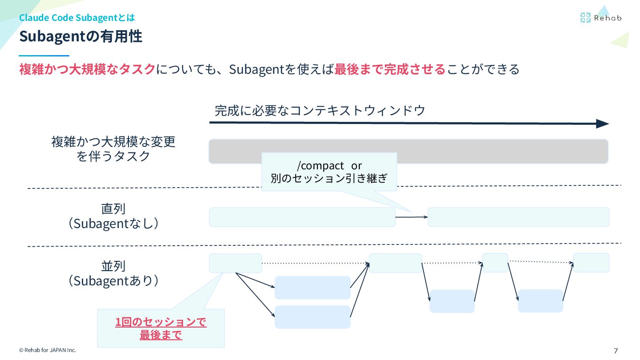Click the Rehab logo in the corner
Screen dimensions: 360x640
point(600,18)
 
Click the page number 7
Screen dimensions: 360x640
point(616,351)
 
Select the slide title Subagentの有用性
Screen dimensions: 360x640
point(80,36)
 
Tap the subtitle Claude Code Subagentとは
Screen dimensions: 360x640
point(77,18)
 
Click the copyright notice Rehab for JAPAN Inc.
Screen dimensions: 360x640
point(48,350)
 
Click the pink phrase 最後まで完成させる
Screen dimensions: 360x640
point(390,69)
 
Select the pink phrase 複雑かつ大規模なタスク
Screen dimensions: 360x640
point(87,69)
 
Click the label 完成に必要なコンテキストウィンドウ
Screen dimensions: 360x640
point(320,110)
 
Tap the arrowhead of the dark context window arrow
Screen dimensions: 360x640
point(603,124)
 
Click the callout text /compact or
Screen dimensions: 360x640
point(329,165)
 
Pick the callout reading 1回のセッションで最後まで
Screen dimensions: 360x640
point(161,328)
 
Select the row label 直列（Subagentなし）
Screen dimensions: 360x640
point(113,216)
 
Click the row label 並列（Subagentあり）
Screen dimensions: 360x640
point(113,273)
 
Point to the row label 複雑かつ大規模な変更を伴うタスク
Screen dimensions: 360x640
point(113,149)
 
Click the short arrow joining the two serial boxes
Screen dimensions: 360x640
point(411,217)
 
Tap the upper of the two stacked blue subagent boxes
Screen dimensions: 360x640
point(312,288)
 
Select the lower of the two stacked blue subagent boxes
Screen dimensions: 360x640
point(312,317)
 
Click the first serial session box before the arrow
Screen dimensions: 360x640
point(302,217)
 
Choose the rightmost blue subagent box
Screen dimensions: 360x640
point(540,301)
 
